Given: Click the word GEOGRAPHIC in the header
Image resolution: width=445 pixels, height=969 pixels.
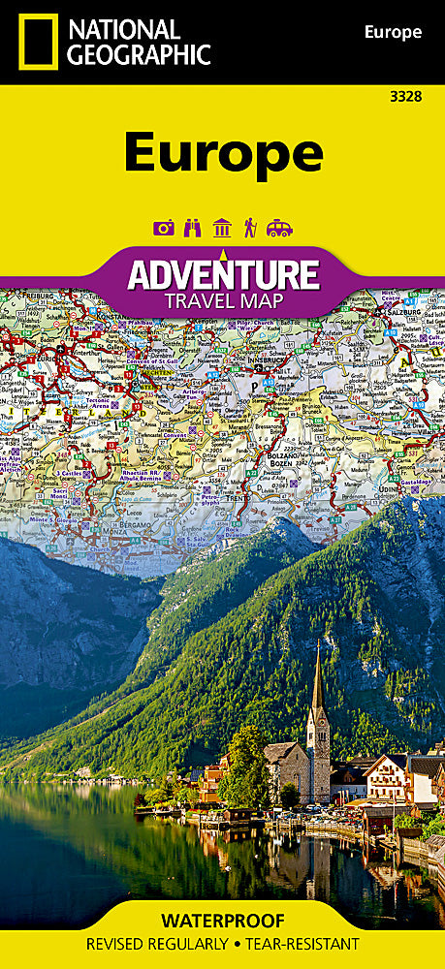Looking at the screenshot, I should click(135, 55).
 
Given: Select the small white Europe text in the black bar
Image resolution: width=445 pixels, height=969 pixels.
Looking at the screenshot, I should click(393, 32).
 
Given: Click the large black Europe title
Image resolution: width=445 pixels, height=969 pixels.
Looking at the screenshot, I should click(223, 151).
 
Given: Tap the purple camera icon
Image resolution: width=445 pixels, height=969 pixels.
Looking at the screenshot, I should click(164, 228).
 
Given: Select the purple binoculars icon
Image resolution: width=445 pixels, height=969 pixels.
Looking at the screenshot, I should click(193, 228).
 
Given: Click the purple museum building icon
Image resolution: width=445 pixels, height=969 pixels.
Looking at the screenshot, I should click(222, 228).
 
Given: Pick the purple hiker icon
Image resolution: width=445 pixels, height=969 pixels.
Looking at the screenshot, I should click(250, 228).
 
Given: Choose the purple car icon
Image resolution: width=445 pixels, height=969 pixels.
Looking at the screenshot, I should click(279, 228).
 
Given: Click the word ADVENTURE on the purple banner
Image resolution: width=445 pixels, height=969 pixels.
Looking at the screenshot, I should click(223, 275).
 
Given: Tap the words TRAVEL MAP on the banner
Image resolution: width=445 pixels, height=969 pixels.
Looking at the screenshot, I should click(224, 300).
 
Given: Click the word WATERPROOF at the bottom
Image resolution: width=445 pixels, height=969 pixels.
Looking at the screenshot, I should click(223, 920).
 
